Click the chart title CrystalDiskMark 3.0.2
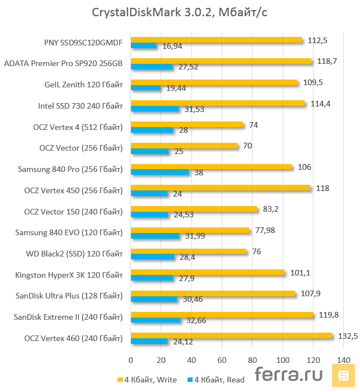[x=180, y=12]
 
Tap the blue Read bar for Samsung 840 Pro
[x=160, y=172]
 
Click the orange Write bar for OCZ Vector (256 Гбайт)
[x=184, y=146]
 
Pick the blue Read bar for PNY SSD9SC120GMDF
[x=143, y=45]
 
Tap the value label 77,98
[x=264, y=230]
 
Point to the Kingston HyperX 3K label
[x=69, y=275]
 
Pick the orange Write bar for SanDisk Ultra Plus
[x=213, y=293]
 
